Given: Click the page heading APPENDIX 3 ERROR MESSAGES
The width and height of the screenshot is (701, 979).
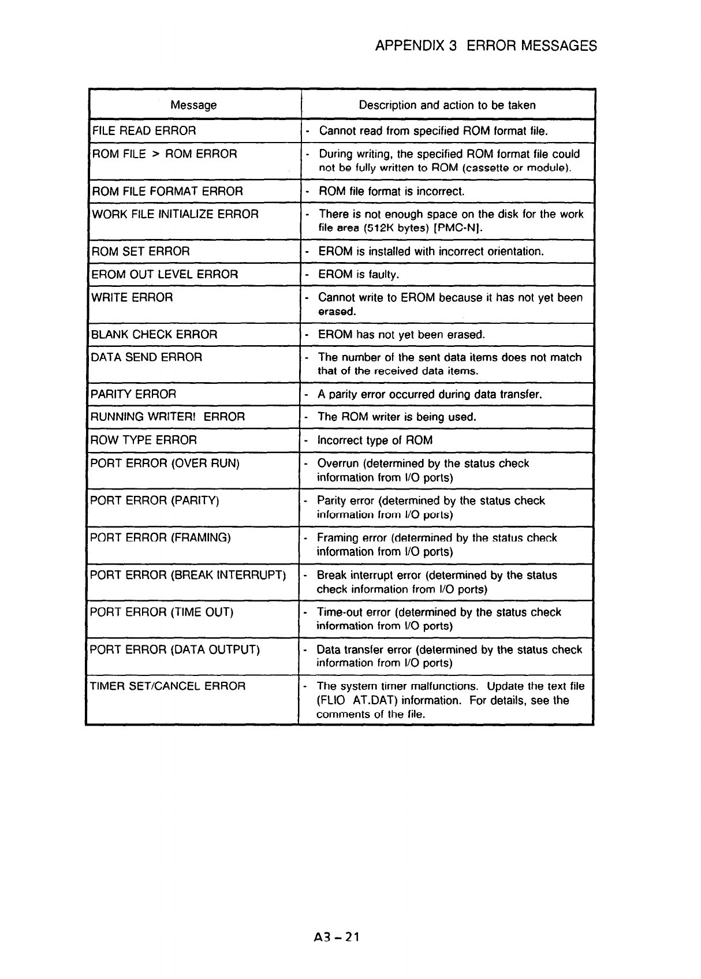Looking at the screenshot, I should [x=486, y=46].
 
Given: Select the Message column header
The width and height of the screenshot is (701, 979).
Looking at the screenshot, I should [x=193, y=105].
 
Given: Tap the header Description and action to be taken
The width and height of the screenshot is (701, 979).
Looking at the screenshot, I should [x=447, y=105].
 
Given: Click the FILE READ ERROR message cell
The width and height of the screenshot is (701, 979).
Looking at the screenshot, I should [x=144, y=131].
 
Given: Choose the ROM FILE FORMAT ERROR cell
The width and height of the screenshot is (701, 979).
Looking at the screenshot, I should [x=167, y=191].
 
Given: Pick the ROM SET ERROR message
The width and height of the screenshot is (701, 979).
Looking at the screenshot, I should [x=141, y=252].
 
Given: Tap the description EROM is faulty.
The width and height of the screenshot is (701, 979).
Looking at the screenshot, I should [x=359, y=275].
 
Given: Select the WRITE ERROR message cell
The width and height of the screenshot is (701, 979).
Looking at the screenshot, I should [x=132, y=298].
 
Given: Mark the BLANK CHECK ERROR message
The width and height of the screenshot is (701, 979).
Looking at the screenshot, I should [x=155, y=335].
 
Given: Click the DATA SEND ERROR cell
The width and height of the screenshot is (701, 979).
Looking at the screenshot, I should [x=147, y=357].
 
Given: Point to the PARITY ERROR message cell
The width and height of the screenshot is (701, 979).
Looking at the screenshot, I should [x=133, y=394].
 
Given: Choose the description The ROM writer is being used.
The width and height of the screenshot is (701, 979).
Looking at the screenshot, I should [x=397, y=417].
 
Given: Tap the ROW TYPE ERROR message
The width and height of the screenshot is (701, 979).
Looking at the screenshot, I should [x=144, y=440].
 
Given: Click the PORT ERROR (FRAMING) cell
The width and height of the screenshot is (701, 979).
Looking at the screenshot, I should [x=161, y=538].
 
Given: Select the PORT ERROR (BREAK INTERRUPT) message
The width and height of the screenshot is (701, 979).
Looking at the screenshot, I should [x=188, y=576].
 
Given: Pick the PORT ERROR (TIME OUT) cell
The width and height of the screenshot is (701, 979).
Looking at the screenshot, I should [x=162, y=612].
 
